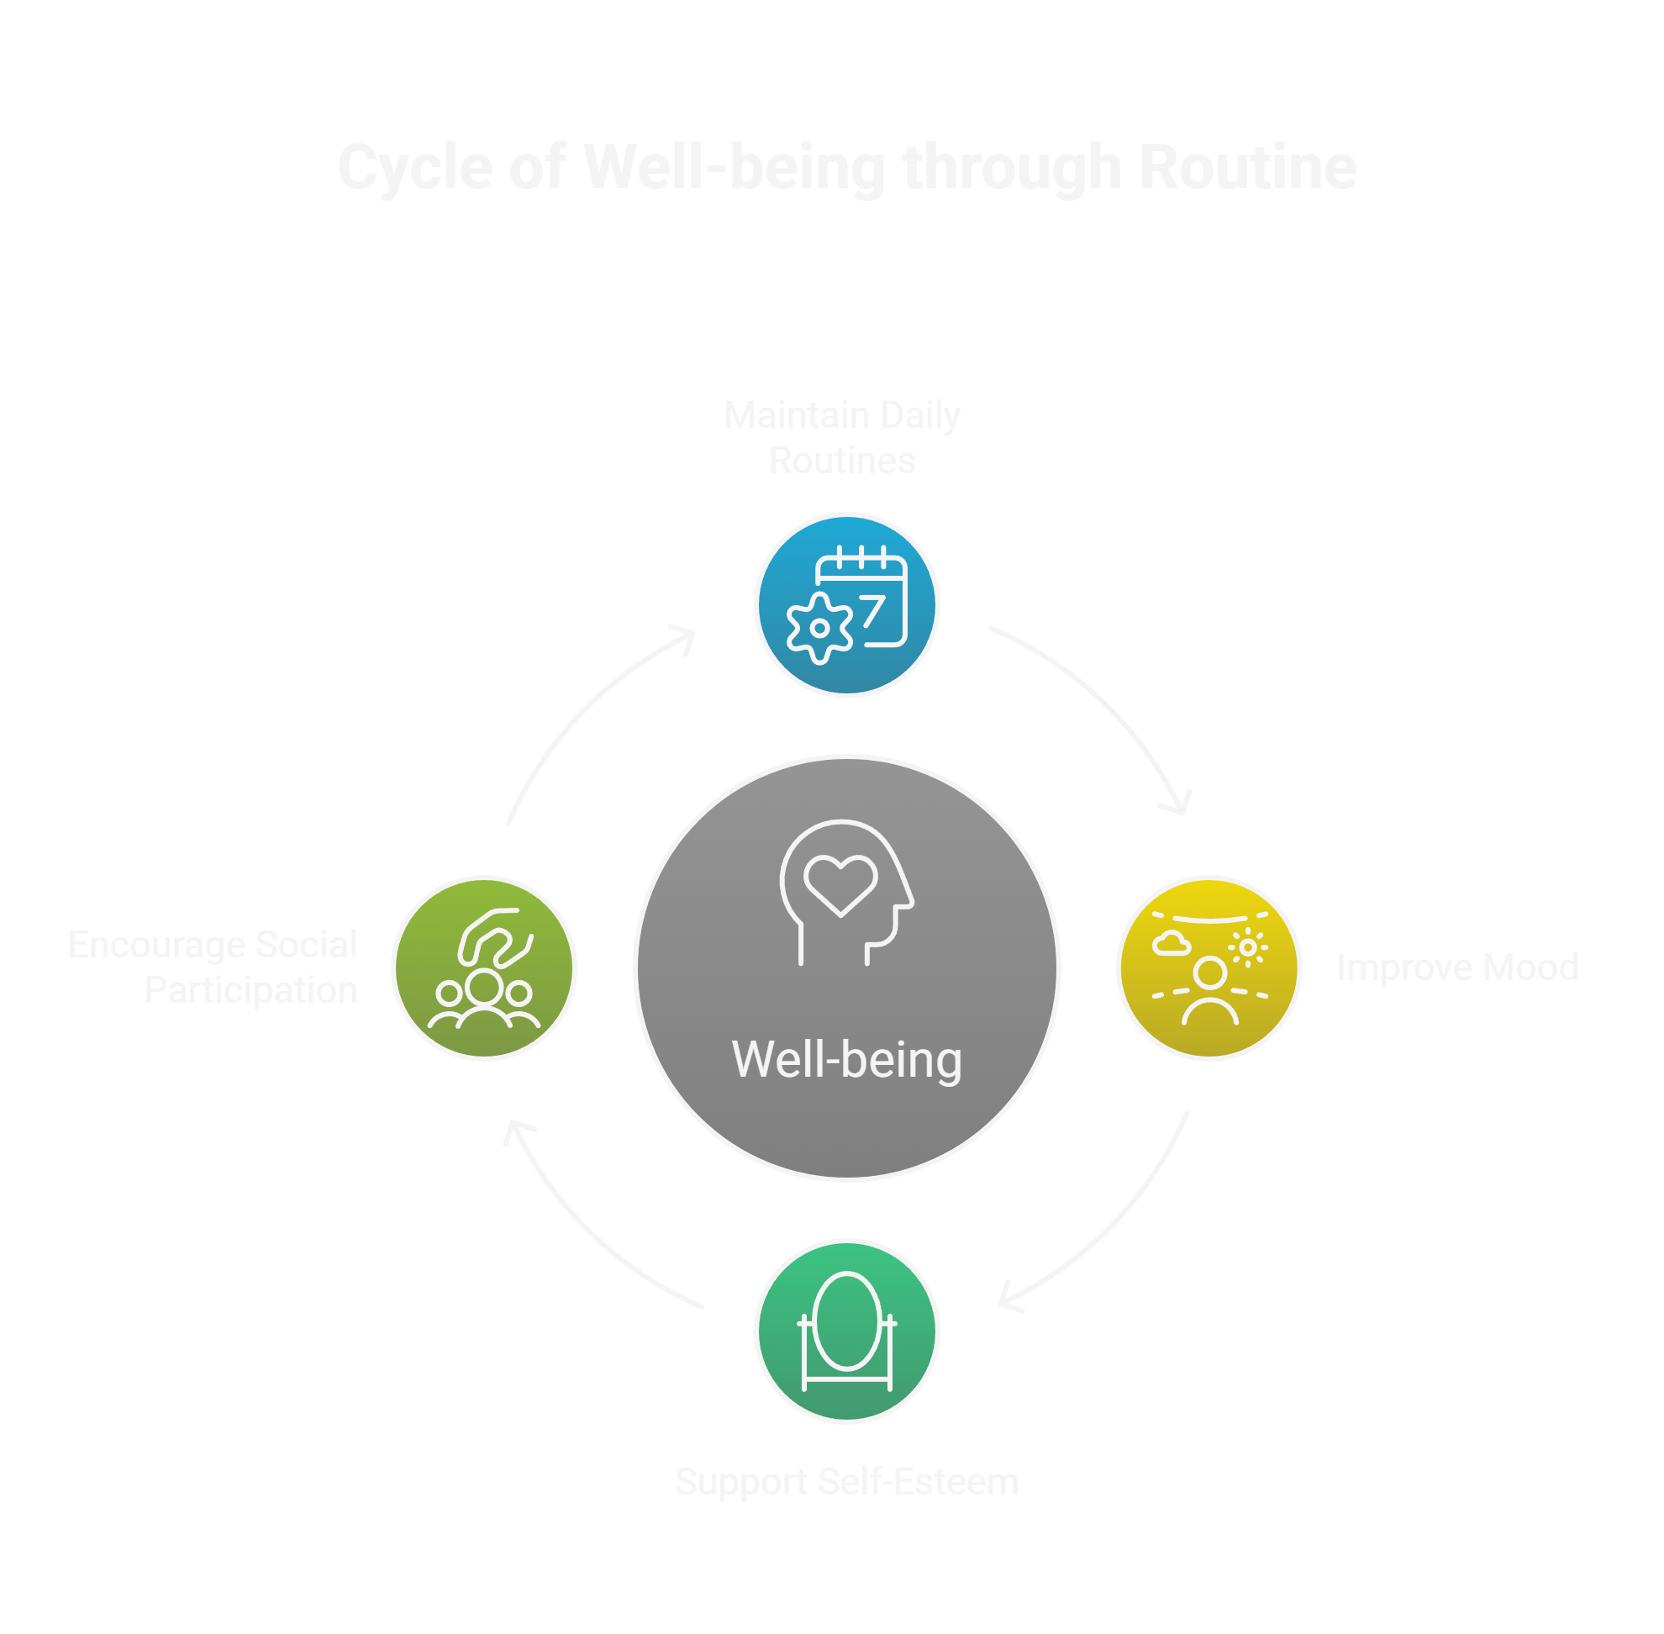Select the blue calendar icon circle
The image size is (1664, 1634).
(846, 605)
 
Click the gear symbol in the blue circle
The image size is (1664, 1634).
(819, 628)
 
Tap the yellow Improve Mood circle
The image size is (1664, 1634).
(1209, 968)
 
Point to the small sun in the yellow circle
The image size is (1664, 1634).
(1248, 948)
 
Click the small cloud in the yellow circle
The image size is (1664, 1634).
(1172, 945)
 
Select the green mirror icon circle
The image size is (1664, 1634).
(846, 1331)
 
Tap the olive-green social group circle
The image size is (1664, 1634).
(484, 968)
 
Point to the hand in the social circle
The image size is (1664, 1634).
(492, 938)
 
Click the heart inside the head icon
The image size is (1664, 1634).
(840, 884)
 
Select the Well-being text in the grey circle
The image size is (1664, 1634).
(846, 1060)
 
